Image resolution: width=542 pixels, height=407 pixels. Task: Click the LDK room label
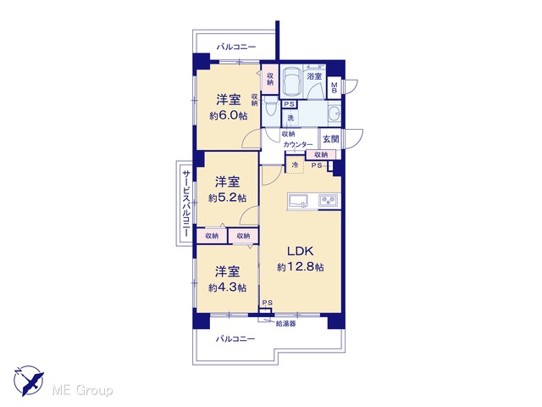[301, 251]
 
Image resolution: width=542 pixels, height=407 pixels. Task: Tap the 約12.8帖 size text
[301, 267]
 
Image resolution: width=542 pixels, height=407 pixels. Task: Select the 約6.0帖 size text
[228, 115]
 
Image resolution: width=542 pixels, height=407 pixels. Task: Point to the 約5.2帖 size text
[228, 198]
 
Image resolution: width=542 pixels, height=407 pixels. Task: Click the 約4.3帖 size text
[228, 287]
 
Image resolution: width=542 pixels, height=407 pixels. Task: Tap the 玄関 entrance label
[331, 139]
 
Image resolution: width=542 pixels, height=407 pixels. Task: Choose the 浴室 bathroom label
[314, 76]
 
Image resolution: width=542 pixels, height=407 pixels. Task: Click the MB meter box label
[335, 87]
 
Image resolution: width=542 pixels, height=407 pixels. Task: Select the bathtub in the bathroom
[292, 81]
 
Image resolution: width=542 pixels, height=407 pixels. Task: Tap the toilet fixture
[270, 108]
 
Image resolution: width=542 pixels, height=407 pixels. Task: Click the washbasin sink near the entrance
[334, 113]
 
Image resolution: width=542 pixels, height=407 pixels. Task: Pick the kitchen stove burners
[329, 201]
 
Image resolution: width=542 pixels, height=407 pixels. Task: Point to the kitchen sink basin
[298, 201]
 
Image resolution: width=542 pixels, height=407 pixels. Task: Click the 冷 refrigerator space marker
[295, 164]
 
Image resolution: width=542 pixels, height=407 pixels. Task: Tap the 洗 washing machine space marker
[290, 118]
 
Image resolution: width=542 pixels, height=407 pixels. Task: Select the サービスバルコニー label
[186, 203]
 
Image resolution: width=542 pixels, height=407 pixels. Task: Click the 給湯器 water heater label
[285, 324]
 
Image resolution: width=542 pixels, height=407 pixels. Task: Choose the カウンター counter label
[298, 145]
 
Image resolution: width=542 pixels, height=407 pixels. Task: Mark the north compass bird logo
[28, 381]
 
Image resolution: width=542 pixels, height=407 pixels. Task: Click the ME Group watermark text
[82, 390]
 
